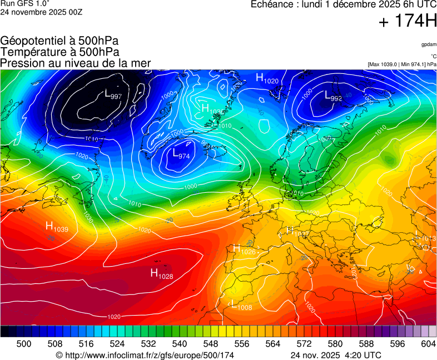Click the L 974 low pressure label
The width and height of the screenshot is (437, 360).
tap(181, 154)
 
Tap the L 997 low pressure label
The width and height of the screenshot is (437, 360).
tap(113, 95)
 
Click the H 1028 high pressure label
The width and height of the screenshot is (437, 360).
tap(162, 273)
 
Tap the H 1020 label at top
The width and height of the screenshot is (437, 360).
tap(267, 79)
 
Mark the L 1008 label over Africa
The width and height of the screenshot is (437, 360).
tap(241, 304)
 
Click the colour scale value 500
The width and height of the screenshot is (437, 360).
tap(24, 344)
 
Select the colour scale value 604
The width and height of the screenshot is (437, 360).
tap(428, 344)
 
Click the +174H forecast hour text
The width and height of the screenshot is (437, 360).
tap(408, 22)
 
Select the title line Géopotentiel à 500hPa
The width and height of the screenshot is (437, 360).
tap(59, 41)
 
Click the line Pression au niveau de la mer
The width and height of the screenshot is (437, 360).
tap(76, 63)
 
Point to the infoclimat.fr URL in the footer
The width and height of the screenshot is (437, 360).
tap(145, 355)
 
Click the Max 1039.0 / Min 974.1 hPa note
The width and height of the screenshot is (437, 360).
tap(401, 64)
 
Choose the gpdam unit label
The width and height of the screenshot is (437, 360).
tap(428, 44)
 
